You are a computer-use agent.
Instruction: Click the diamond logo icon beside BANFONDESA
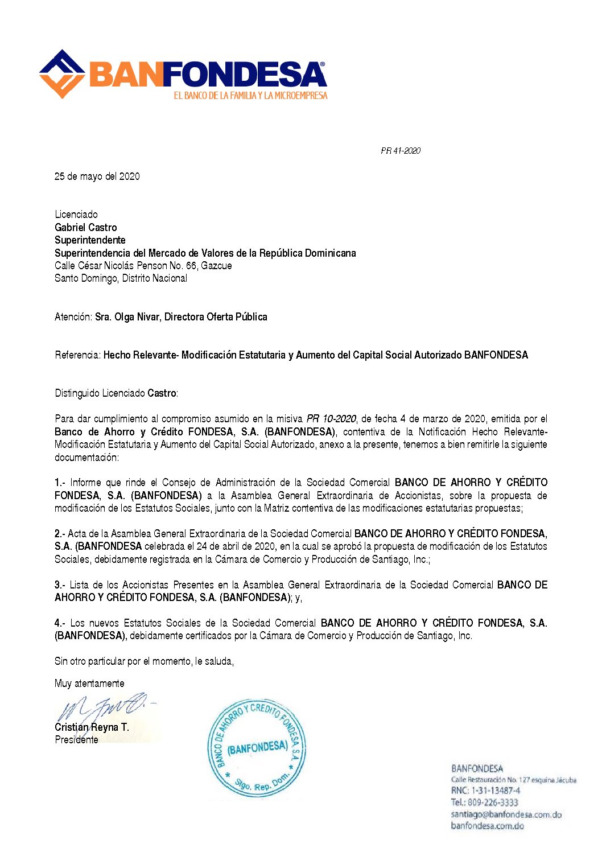63,73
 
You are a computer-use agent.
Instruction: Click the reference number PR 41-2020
401,151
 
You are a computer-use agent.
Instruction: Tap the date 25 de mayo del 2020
97,176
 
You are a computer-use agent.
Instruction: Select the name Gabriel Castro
86,228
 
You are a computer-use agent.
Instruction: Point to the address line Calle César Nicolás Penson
143,266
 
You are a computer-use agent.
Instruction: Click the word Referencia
77,355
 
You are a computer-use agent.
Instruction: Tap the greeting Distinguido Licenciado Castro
116,393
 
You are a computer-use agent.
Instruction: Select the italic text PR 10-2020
331,419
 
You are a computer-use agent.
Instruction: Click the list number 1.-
60,483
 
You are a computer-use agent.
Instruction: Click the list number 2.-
60,534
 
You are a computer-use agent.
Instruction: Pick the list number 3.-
60,585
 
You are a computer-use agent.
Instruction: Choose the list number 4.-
60,623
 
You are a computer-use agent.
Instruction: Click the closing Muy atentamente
89,684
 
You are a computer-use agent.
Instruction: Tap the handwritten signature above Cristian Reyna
102,709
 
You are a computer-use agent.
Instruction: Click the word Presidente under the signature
76,740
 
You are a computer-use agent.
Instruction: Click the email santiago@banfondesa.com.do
506,814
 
